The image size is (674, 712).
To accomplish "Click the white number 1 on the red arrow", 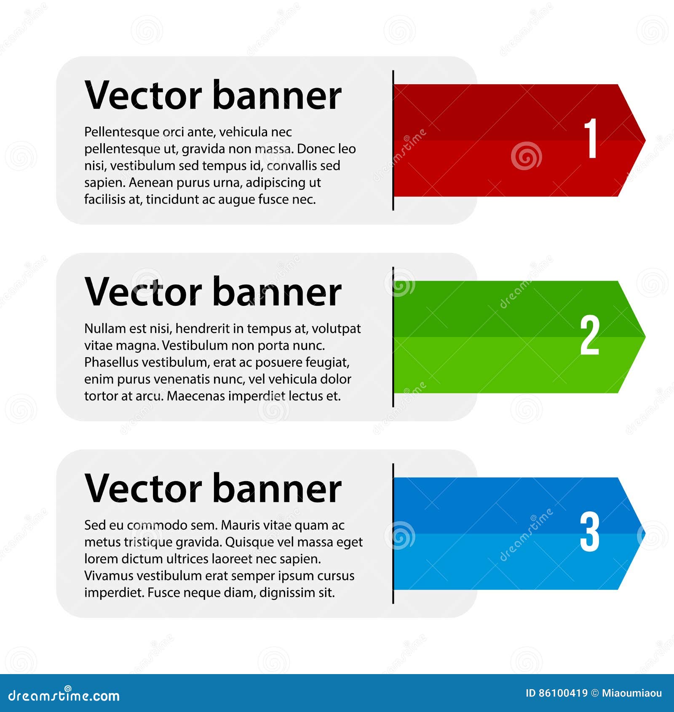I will coord(591,138).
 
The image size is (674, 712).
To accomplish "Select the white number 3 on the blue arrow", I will coord(589,532).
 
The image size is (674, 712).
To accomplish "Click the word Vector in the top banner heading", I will coord(143,96).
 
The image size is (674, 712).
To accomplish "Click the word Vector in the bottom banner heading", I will coord(143,489).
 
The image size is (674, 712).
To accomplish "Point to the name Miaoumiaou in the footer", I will coord(631,693).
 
